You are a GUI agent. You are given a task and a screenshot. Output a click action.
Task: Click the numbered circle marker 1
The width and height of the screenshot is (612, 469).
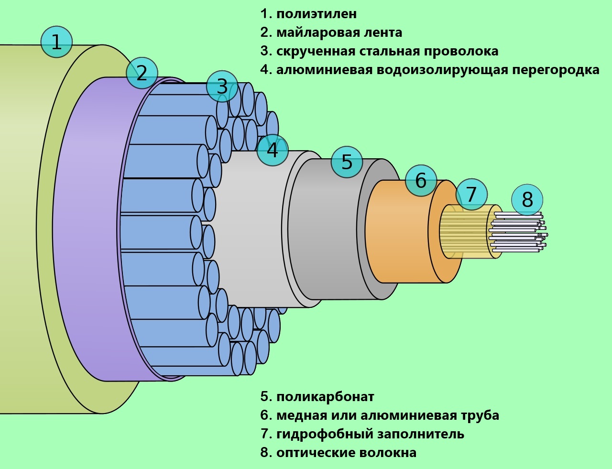click(56, 42)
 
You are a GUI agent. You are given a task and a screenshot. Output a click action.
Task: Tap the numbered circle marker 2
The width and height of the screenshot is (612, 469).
click(142, 73)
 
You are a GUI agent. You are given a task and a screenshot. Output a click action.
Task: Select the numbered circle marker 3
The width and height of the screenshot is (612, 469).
click(222, 87)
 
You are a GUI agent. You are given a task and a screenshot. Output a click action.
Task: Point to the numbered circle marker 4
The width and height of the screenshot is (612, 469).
click(273, 150)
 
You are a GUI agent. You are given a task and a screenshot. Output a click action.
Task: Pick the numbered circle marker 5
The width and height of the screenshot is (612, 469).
click(347, 162)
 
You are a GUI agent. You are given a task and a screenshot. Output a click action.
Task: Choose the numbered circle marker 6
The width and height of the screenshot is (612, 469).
click(421, 181)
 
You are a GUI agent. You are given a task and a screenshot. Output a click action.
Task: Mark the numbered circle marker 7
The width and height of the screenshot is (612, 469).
click(471, 195)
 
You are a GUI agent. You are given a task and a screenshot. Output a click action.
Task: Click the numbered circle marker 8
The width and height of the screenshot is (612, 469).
click(527, 199)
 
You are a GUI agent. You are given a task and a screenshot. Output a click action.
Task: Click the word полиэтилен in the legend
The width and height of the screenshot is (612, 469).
click(316, 14)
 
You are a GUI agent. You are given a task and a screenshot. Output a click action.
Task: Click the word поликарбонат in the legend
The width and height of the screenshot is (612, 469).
click(325, 397)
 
